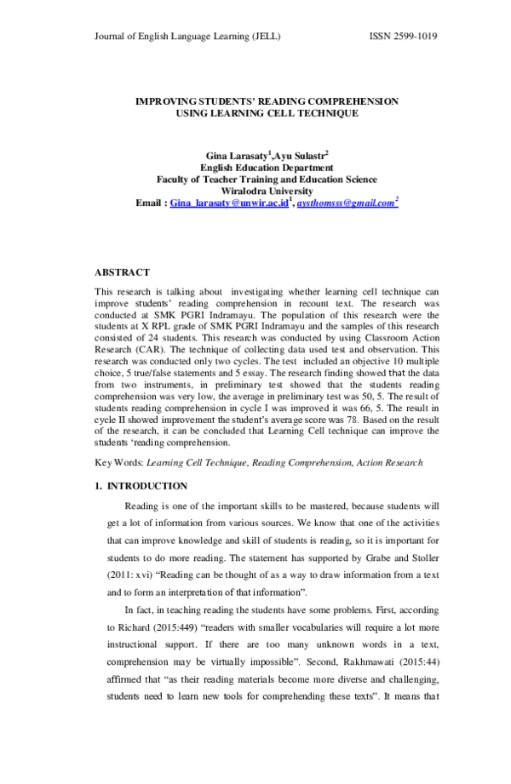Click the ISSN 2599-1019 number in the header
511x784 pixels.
[403, 37]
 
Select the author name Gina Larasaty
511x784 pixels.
[236, 156]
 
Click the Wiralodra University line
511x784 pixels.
[267, 192]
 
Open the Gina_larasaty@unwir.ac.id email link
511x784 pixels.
[229, 204]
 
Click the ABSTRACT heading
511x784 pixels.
[122, 272]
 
